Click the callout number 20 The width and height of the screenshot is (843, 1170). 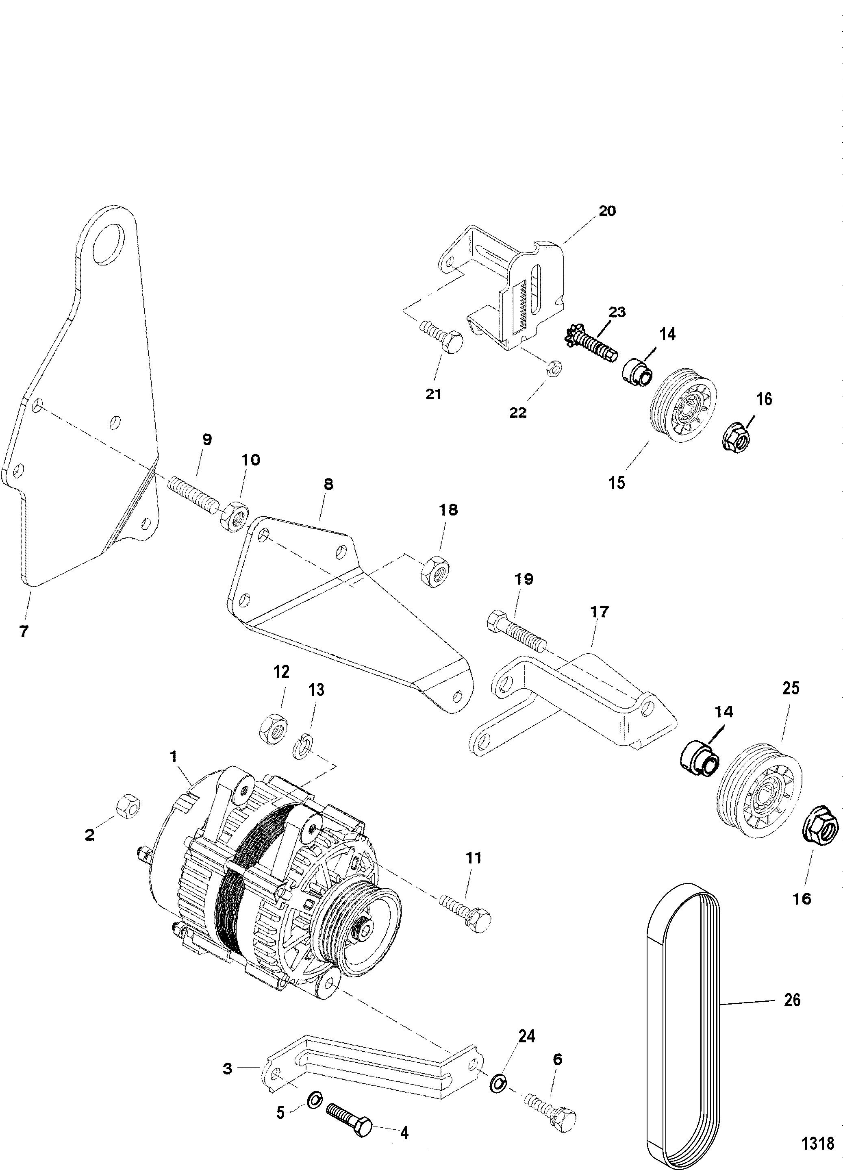coord(607,211)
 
